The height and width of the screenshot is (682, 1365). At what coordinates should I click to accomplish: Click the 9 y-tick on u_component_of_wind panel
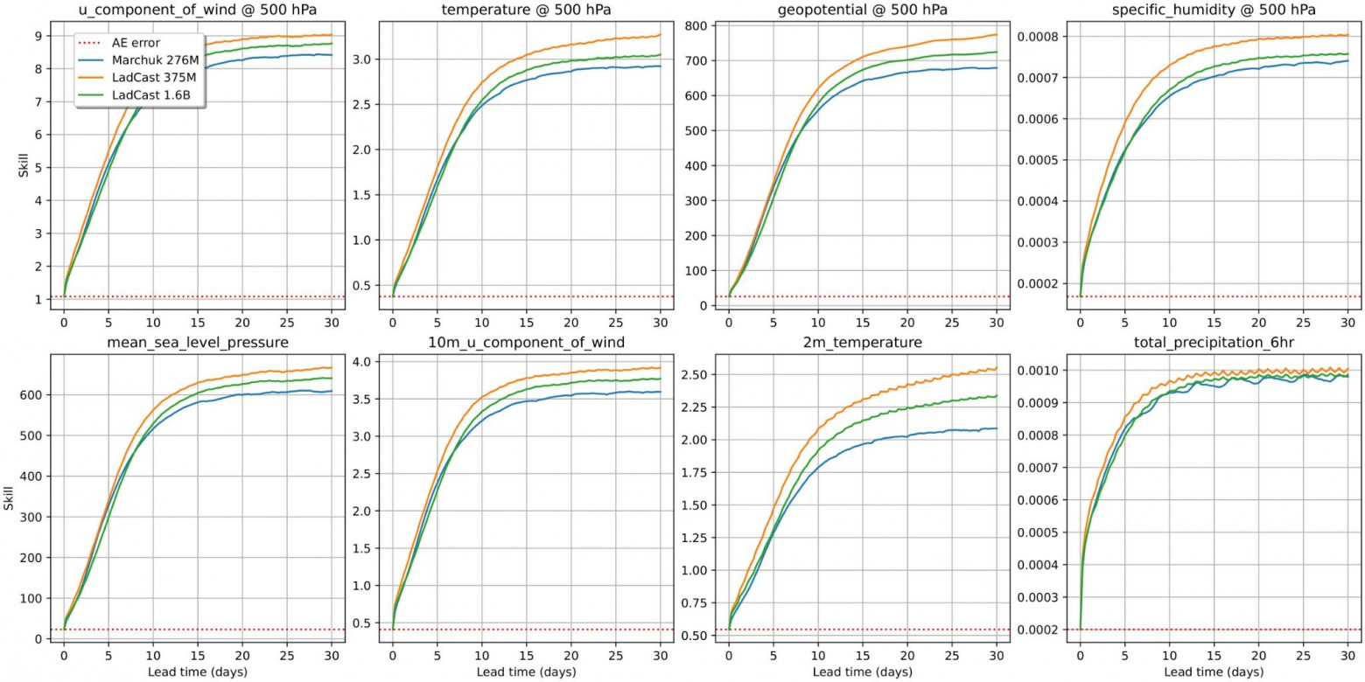(40, 36)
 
